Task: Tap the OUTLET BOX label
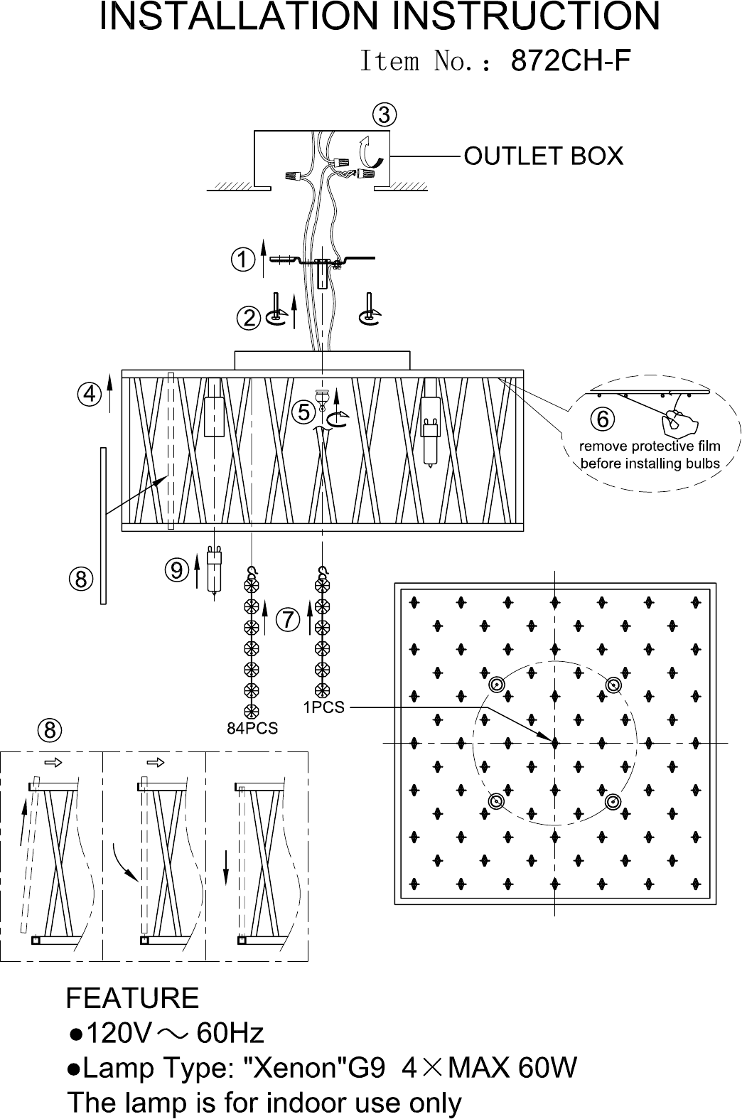[x=543, y=155]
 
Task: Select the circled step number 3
[x=384, y=115]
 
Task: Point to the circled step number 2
[x=249, y=318]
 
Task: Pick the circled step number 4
[x=89, y=393]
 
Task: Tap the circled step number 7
[x=287, y=619]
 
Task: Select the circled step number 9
[x=176, y=569]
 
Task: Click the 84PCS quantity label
[x=252, y=727]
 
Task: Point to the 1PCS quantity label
[x=323, y=707]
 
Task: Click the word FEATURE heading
[x=132, y=998]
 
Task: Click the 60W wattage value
[x=547, y=1067]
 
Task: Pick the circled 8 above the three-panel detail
[x=50, y=729]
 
